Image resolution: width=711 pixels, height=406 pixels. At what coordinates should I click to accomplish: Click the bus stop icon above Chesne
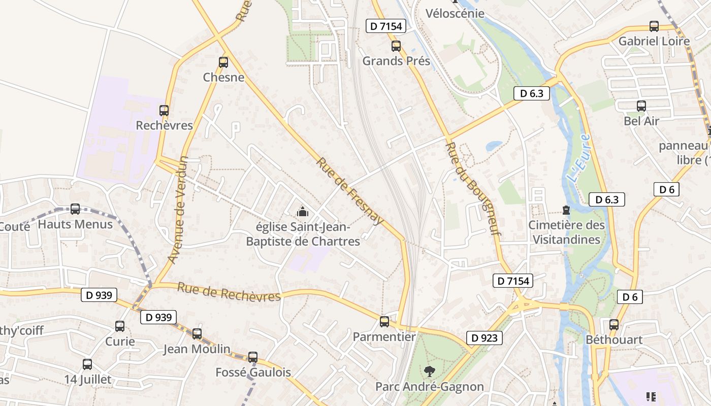[x=223, y=62]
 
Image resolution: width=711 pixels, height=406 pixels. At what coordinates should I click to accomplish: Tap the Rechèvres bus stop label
[x=164, y=125]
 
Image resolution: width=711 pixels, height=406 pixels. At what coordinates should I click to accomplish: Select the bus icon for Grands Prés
[x=396, y=46]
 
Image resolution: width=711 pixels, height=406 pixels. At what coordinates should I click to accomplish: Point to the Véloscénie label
[x=455, y=13]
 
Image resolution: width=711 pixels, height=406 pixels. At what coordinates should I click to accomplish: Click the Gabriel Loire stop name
[x=654, y=41]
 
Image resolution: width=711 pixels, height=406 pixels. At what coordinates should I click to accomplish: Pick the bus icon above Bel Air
[x=641, y=106]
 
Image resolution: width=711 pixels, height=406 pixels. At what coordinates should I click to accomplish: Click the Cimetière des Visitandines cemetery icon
[x=566, y=210]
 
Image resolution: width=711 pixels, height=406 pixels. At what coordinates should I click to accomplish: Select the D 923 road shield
[x=484, y=338]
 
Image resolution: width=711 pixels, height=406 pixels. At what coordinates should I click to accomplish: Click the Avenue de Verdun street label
[x=178, y=210]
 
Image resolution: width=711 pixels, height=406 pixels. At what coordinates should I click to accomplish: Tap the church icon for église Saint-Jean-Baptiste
[x=303, y=211]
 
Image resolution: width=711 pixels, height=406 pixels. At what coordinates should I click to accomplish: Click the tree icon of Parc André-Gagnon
[x=430, y=371]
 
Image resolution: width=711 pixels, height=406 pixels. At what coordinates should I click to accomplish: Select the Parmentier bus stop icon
[x=384, y=321]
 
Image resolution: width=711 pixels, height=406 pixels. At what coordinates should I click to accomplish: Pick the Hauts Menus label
[x=75, y=224]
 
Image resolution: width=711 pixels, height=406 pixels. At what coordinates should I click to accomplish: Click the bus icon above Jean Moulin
[x=197, y=334]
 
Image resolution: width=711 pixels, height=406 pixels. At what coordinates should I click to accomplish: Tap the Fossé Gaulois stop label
[x=253, y=373]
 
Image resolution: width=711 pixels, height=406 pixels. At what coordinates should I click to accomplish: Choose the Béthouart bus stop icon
[x=614, y=325]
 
